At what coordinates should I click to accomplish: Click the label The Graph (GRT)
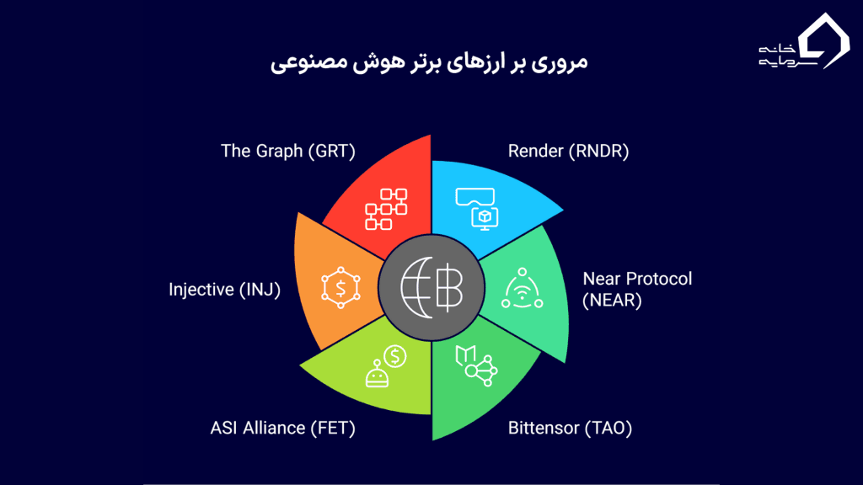pos(287,152)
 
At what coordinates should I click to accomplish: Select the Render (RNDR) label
pos(568,152)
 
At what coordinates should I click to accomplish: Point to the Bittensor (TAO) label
pos(570,428)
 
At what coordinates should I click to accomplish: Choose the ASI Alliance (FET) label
pos(282,428)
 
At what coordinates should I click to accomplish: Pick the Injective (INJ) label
pos(224,290)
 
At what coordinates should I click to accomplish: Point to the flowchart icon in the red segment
pos(386,209)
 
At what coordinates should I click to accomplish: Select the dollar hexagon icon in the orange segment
pos(340,289)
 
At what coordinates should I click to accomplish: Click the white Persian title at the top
pos(431,62)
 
